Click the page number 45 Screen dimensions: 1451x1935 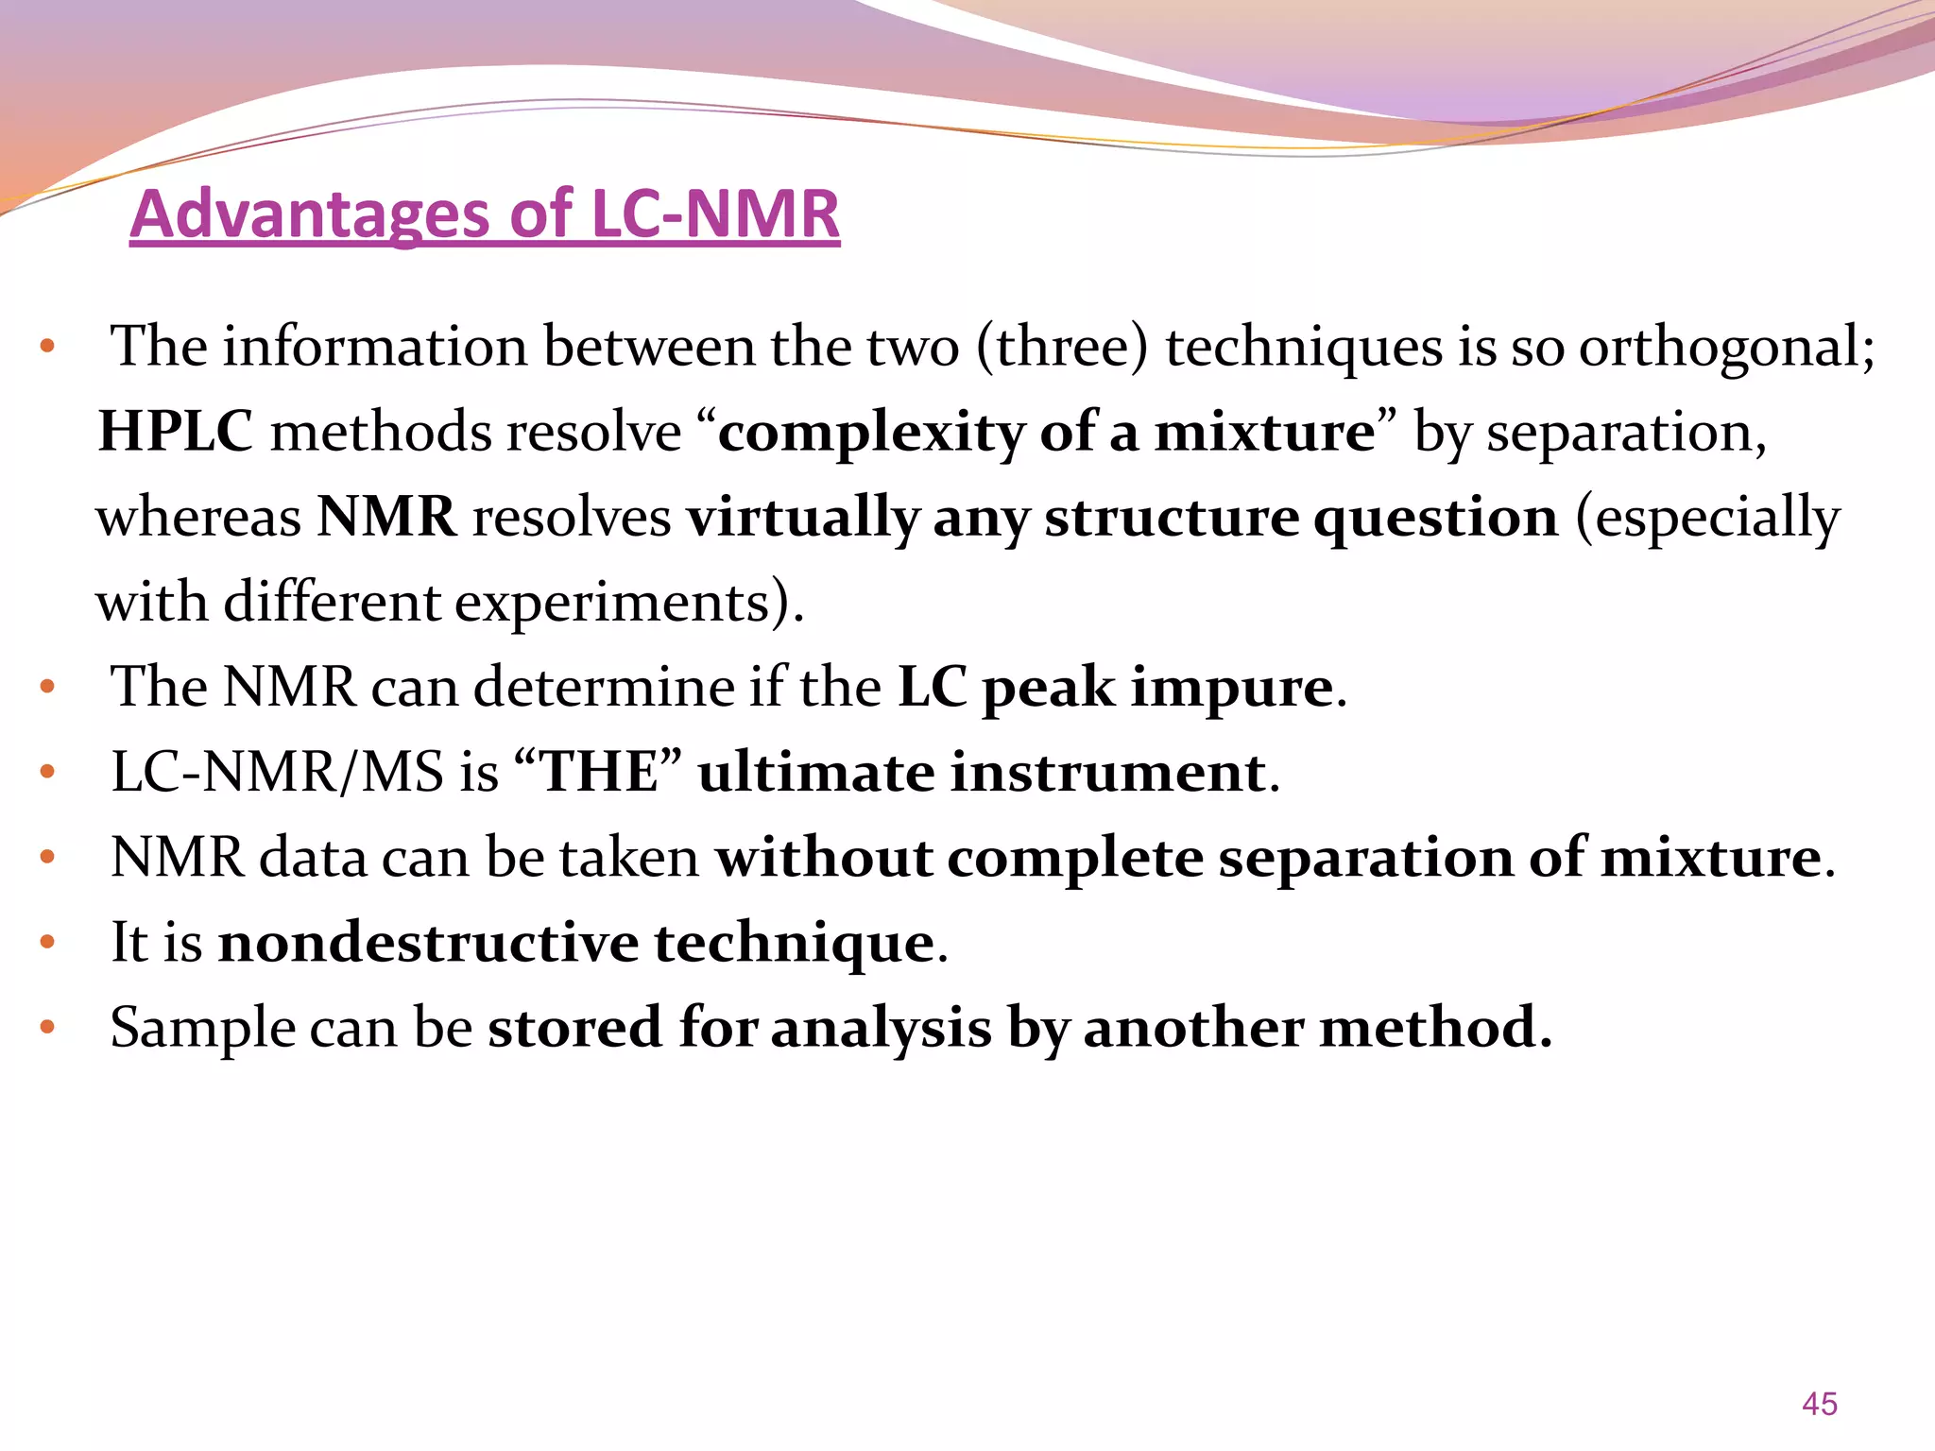tap(1819, 1404)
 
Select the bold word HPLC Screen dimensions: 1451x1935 tap(176, 432)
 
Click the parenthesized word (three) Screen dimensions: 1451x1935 tap(1061, 347)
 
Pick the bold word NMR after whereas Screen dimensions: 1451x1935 tap(386, 517)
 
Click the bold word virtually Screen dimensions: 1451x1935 tap(802, 519)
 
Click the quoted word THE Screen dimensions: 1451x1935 tap(599, 772)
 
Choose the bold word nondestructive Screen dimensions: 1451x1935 tap(428, 942)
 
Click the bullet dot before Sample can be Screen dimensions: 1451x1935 tap(48, 1027)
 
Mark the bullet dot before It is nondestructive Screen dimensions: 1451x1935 tap(48, 942)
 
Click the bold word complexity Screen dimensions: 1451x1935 tap(870, 434)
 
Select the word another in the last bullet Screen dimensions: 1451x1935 tap(1193, 1027)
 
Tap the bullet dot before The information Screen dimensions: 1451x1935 tap(48, 347)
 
